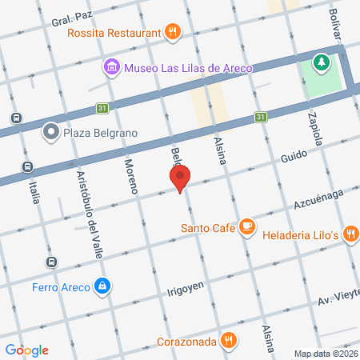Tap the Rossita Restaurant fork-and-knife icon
click(x=173, y=32)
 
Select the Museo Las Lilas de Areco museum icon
click(x=110, y=67)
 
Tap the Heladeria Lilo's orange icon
click(x=350, y=233)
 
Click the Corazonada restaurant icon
click(x=230, y=340)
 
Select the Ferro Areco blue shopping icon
click(x=102, y=286)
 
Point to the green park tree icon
click(x=322, y=62)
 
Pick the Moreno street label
click(x=130, y=177)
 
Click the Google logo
click(x=27, y=350)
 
